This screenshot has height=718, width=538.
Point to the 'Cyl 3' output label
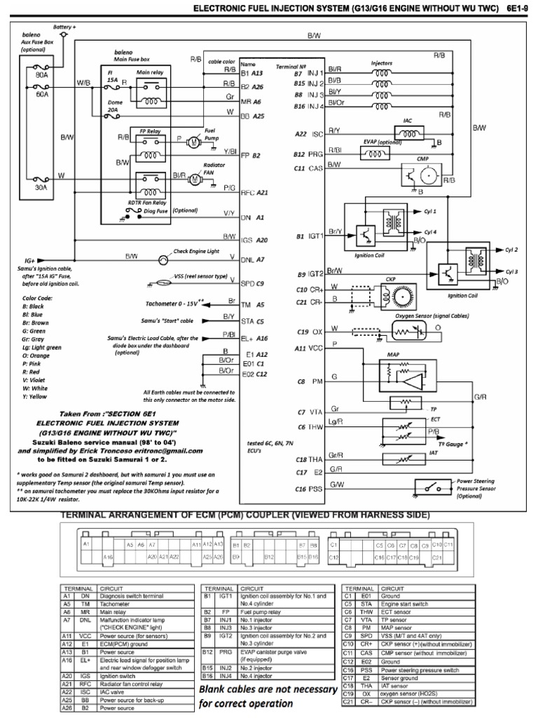[511, 271]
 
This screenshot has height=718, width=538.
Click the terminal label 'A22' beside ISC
[301, 133]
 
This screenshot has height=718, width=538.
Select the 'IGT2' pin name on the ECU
[316, 274]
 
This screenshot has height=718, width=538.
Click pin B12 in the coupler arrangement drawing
[269, 557]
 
